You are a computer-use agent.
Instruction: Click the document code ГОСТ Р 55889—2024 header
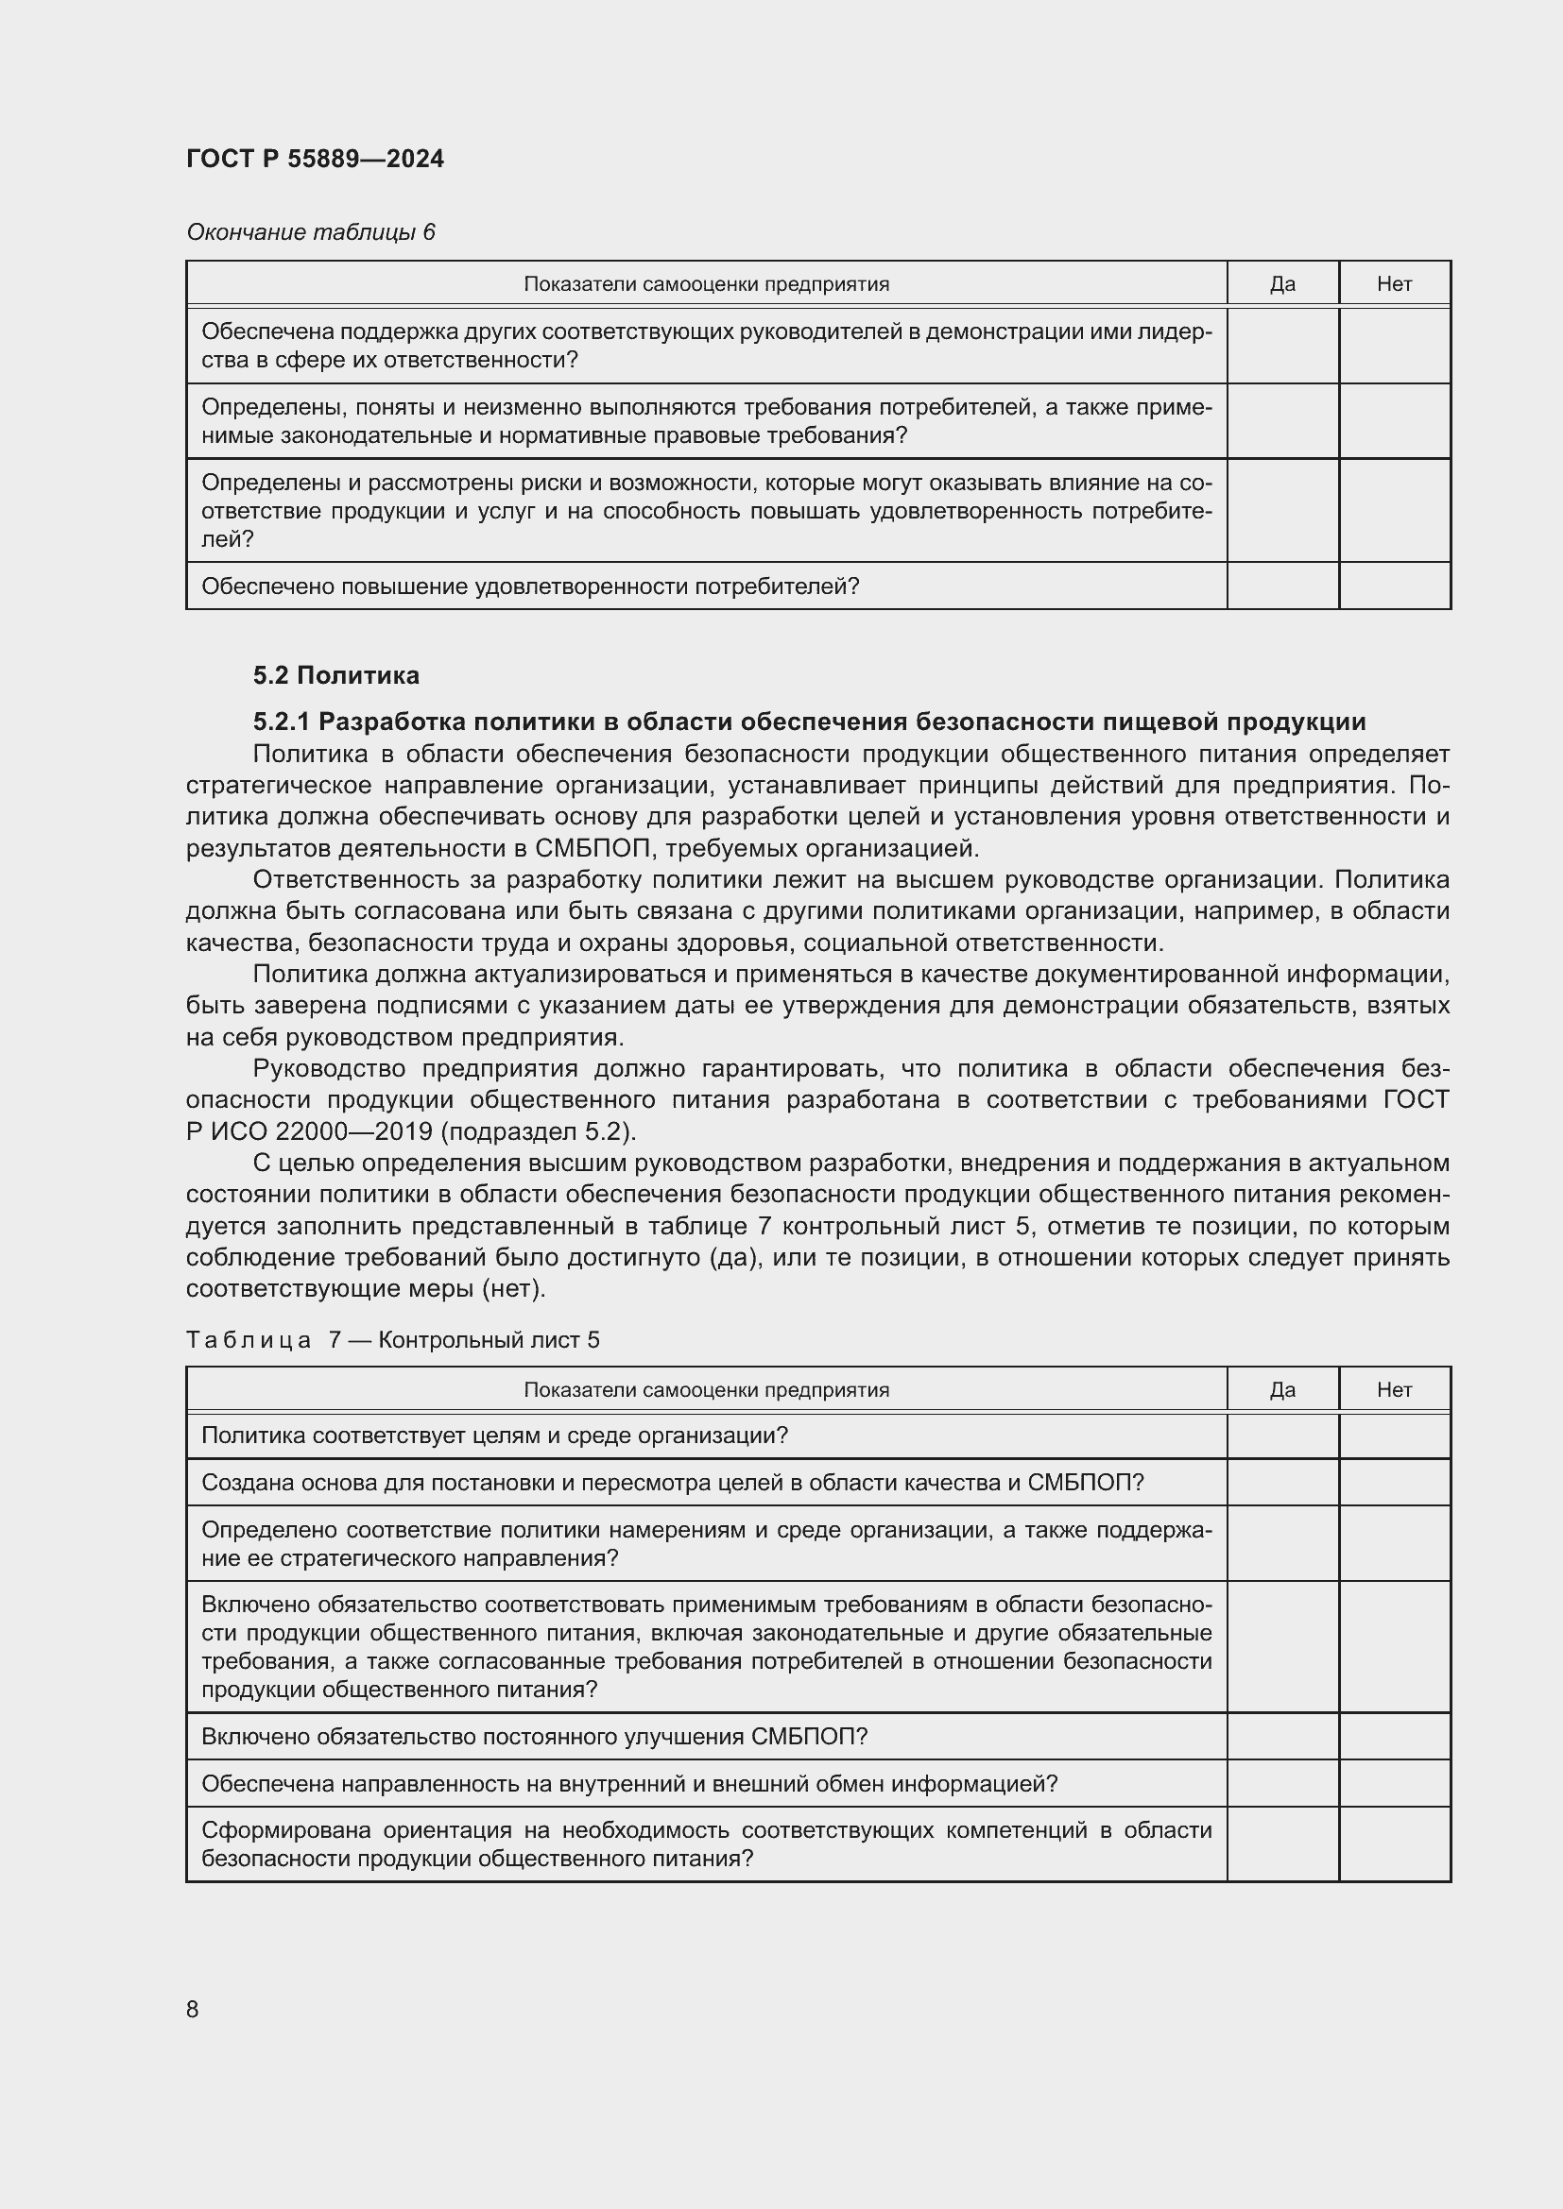click(x=315, y=159)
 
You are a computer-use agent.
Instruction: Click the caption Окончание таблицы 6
click(x=310, y=232)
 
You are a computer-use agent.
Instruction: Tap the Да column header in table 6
click(x=1282, y=284)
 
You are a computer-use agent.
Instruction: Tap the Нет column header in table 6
click(x=1394, y=284)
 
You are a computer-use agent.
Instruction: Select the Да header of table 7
click(x=1282, y=1389)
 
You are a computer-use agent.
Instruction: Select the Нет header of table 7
click(x=1394, y=1389)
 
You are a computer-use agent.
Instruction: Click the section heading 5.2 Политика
click(x=335, y=675)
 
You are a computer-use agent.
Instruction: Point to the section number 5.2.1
click(x=282, y=722)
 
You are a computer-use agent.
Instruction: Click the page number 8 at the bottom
click(x=193, y=2009)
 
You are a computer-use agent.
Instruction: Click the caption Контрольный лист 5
click(x=489, y=1340)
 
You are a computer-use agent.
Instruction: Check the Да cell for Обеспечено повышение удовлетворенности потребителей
click(x=1282, y=586)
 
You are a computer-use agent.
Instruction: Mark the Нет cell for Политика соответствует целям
click(x=1394, y=1436)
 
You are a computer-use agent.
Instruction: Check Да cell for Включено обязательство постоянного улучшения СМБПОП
click(x=1282, y=1737)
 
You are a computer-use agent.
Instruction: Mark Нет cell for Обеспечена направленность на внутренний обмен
click(x=1394, y=1784)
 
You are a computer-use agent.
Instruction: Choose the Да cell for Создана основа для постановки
click(x=1282, y=1483)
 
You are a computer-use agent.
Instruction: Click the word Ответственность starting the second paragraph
click(x=353, y=880)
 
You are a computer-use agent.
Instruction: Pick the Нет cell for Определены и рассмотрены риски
click(x=1394, y=511)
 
